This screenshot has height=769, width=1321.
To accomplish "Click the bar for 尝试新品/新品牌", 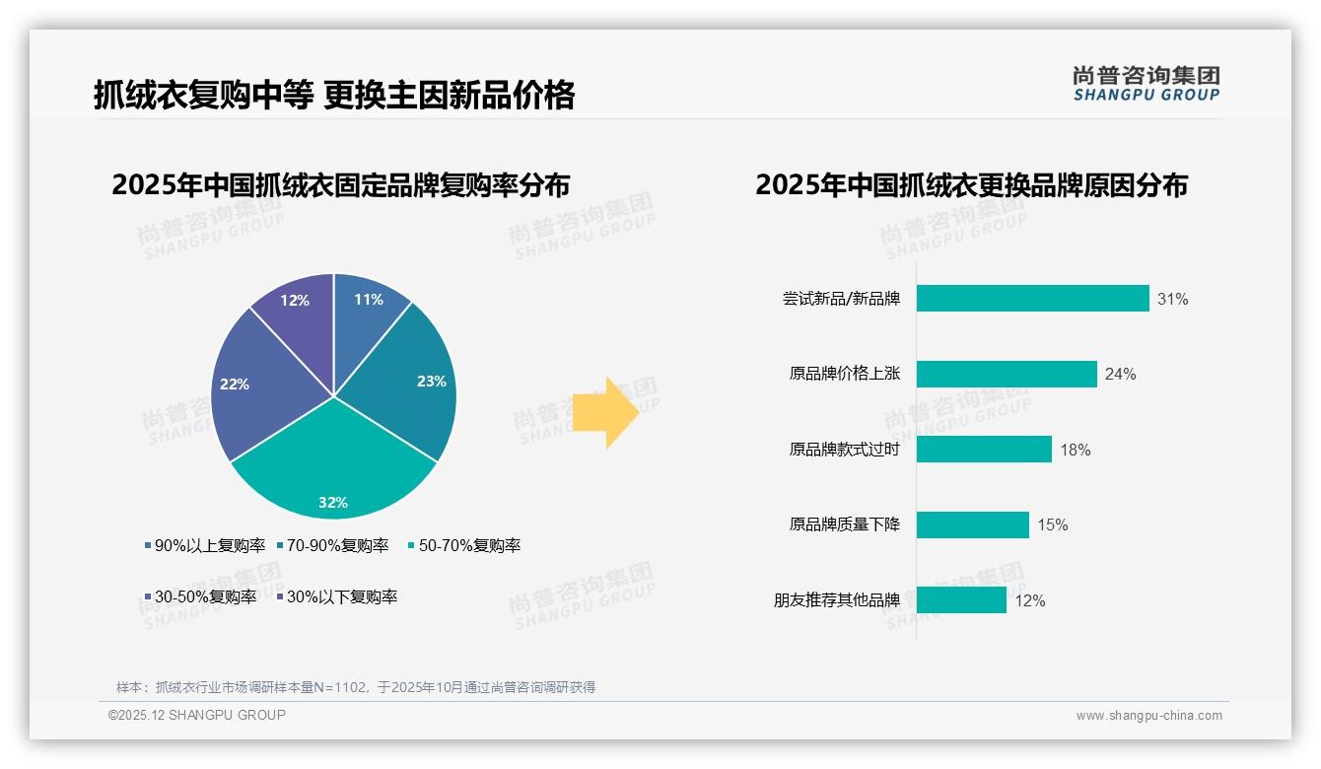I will point(1032,299).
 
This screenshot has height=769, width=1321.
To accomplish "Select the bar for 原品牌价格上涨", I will point(1007,374).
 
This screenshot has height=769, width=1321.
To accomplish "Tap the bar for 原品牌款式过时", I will point(984,450).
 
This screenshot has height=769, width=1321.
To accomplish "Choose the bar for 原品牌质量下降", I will point(972,524).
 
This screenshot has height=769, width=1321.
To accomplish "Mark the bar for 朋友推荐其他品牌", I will point(961,600).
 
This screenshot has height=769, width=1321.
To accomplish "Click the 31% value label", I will point(1173,299).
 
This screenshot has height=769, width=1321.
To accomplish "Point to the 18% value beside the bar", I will point(1076,450).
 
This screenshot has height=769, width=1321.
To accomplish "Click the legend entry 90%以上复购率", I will point(204,545).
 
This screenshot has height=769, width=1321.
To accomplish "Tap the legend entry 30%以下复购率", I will point(336,596).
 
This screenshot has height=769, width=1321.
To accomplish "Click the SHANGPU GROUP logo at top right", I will point(1147,83).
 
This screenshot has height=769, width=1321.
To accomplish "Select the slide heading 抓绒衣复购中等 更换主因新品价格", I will point(334,96).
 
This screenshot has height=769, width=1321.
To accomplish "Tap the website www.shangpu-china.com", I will point(1148,715).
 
